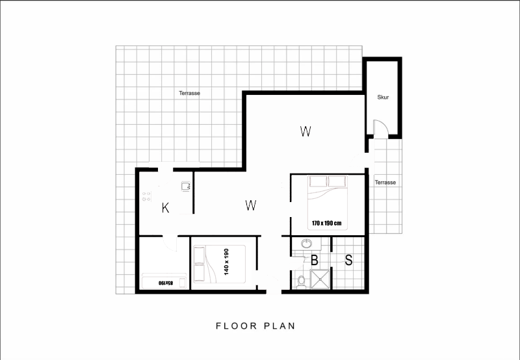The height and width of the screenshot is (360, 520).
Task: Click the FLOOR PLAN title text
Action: coord(255,326)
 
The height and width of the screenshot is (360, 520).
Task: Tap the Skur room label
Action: coord(383,97)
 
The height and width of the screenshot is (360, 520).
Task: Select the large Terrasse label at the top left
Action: coord(189,93)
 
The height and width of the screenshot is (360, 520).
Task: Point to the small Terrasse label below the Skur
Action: coord(385,183)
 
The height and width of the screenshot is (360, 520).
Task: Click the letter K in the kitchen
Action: coord(165,208)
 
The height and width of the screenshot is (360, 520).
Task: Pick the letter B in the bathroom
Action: coord(315,260)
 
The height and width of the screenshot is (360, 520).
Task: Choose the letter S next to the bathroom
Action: coord(348,260)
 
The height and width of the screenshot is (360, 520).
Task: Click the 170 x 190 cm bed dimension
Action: coord(327,223)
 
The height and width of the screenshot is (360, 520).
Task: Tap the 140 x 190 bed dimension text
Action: coord(226,262)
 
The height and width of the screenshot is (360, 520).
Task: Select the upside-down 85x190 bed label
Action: coord(166,283)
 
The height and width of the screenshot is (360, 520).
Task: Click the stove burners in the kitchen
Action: coord(147,197)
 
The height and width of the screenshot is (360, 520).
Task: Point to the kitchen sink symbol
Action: coord(186,186)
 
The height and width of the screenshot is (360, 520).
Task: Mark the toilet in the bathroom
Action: coord(301,282)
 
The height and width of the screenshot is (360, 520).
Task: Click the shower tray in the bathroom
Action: coord(320,279)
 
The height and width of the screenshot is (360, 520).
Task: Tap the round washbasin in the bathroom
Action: coord(307,244)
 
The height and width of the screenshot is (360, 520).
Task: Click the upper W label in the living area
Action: coord(305,131)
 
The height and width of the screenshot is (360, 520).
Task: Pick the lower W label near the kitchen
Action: coord(251,205)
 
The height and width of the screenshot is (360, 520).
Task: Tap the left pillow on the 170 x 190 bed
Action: coord(318,181)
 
